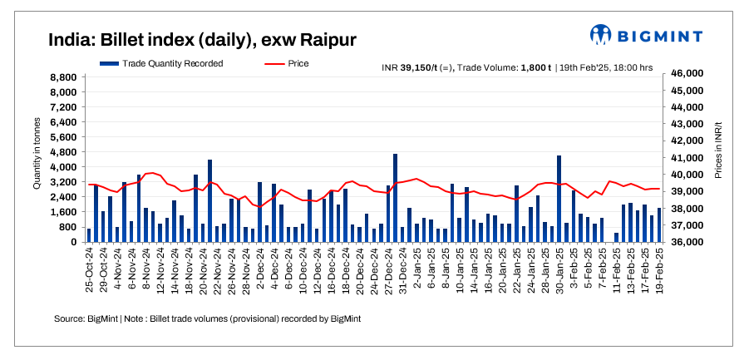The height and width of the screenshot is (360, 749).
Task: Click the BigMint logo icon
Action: coord(601,35)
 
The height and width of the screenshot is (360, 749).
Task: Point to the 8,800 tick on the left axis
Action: coord(65,77)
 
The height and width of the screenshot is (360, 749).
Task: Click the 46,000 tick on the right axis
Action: coord(687,74)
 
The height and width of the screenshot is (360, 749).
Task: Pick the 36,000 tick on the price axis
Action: coord(687,242)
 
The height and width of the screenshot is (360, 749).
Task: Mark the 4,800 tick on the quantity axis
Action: coord(65,152)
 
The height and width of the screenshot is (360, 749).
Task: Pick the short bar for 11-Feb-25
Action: coord(616,237)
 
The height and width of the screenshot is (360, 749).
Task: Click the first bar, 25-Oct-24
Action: coord(89,234)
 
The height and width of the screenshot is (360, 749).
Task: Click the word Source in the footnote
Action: coord(68,318)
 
